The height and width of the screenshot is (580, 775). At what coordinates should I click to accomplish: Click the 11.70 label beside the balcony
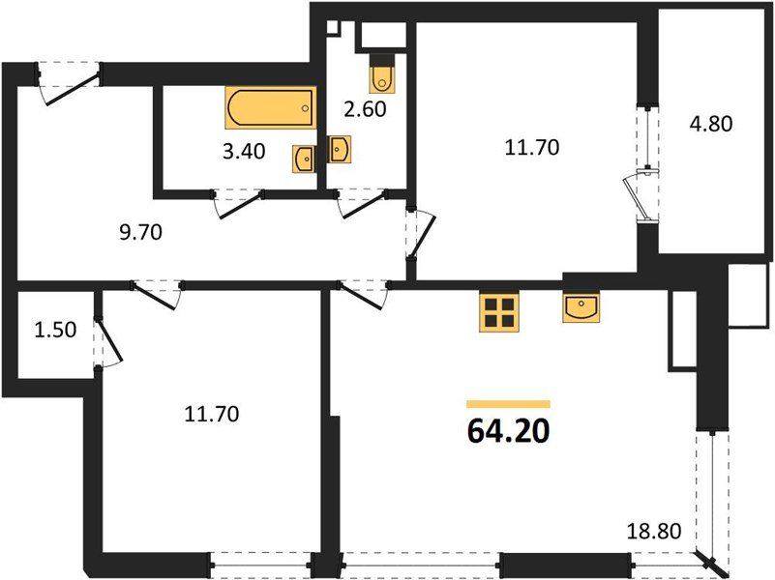click(532, 148)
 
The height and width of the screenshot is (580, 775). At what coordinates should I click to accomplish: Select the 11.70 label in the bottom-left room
click(211, 415)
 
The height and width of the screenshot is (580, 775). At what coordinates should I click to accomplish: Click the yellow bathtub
click(271, 108)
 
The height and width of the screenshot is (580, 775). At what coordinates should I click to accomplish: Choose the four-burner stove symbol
click(500, 311)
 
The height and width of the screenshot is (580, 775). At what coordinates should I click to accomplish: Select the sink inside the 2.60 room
click(340, 149)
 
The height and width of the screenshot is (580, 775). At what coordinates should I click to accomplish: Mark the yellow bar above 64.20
click(508, 404)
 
